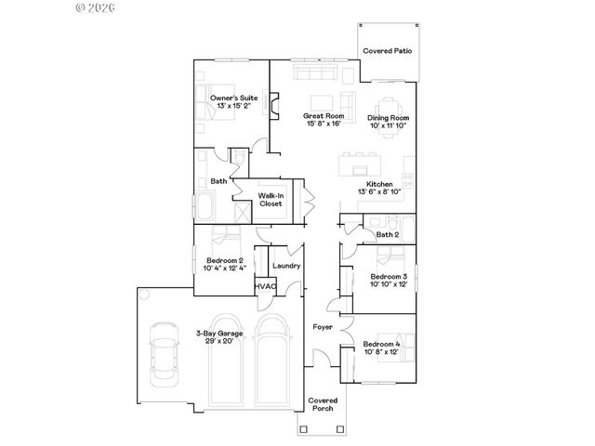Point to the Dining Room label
tap(389, 119)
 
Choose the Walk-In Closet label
tap(271, 199)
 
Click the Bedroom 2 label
tap(224, 260)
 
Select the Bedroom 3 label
tap(389, 277)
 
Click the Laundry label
tap(285, 267)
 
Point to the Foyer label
tap(323, 327)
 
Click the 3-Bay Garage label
tap(219, 333)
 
